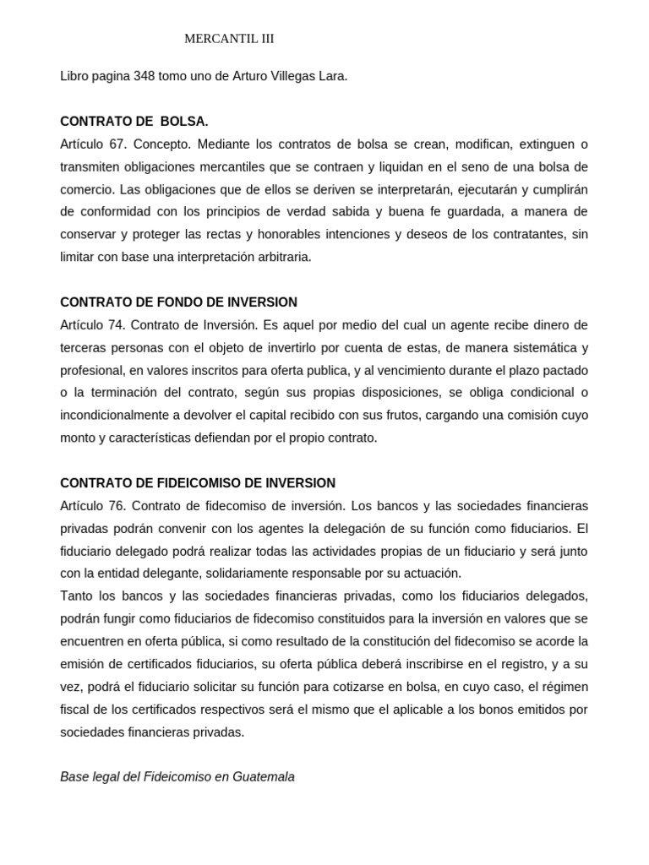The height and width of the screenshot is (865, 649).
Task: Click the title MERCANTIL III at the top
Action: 229,39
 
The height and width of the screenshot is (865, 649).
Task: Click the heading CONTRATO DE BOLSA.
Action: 134,122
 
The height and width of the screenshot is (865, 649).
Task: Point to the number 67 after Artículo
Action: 117,144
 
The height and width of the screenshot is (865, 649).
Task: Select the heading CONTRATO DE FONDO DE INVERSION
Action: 178,302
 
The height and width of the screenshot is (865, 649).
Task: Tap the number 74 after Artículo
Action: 117,325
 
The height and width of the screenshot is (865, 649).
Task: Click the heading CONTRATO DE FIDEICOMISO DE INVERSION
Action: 198,483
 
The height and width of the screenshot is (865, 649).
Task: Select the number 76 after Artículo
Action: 117,506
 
